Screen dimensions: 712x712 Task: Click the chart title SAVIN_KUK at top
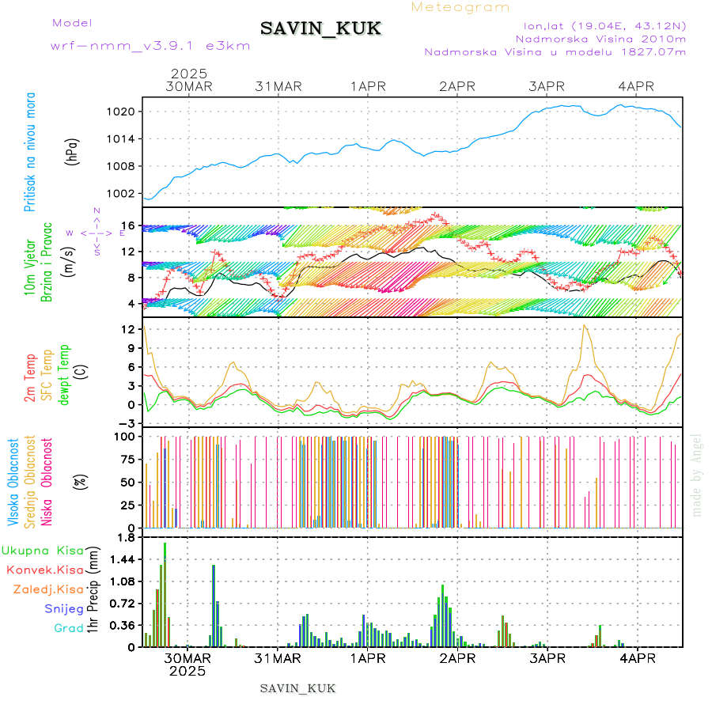[x=320, y=29]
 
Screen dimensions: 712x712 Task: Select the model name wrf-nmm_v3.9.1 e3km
[x=150, y=45]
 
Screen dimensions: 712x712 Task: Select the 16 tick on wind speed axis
[x=129, y=225]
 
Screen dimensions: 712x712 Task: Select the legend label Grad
[x=69, y=628]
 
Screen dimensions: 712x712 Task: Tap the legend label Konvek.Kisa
[x=44, y=570]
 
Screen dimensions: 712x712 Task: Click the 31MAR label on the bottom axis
[x=278, y=658]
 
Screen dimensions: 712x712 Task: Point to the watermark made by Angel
[x=697, y=475]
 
